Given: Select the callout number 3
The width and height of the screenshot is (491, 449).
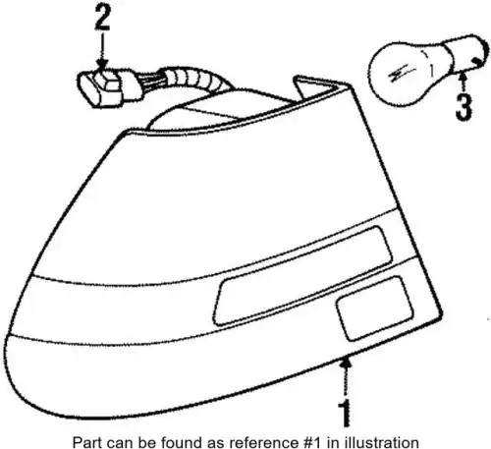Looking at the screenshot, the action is pyautogui.click(x=464, y=106).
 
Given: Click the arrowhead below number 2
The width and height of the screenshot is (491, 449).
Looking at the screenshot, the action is pyautogui.click(x=102, y=65).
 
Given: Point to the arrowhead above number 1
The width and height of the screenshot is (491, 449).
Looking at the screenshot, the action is pyautogui.click(x=346, y=362).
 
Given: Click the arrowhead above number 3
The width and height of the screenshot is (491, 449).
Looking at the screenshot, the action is pyautogui.click(x=463, y=78).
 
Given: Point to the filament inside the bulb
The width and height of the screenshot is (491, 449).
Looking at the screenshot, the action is pyautogui.click(x=402, y=74).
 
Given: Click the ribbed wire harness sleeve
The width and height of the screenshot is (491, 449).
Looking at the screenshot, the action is pyautogui.click(x=195, y=81).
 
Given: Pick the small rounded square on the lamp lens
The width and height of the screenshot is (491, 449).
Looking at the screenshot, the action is pyautogui.click(x=374, y=308).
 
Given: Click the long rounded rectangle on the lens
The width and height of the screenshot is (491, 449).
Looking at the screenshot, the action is pyautogui.click(x=302, y=276).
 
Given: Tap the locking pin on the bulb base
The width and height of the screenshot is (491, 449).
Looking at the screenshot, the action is pyautogui.click(x=476, y=61).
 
